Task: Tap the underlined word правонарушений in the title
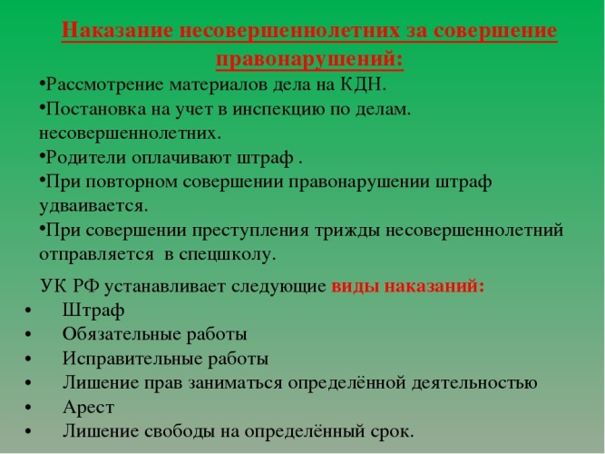(x=305, y=60)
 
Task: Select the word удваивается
(x=93, y=205)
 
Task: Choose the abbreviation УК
(x=53, y=287)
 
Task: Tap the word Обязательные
(x=122, y=335)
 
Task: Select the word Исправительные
(x=132, y=359)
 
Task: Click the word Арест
(x=88, y=408)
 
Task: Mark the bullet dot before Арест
(x=28, y=408)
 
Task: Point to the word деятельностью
(x=474, y=383)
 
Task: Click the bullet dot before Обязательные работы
(x=28, y=335)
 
